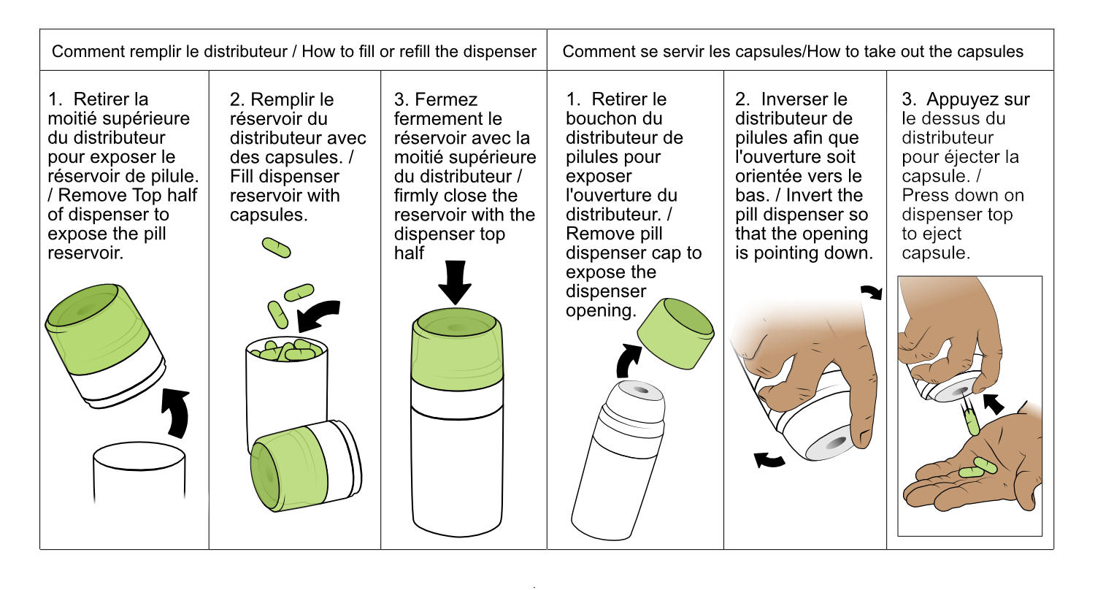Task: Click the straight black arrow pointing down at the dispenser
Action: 455,283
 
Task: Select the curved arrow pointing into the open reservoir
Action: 317,314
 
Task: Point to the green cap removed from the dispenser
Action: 676,333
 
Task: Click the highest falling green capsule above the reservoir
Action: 276,248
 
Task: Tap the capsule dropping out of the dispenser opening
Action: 972,422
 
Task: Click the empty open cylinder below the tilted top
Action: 139,472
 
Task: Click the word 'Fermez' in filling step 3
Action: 446,99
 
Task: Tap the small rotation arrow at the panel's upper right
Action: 871,292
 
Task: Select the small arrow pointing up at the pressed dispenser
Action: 993,404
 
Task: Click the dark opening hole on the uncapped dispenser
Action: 640,391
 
